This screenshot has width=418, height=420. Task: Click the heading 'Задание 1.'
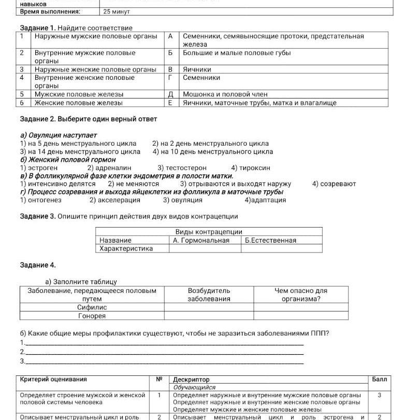pyautogui.click(x=37, y=27)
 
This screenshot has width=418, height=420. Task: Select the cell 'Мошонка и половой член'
pyautogui.click(x=225, y=94)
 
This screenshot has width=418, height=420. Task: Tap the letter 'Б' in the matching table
pyautogui.click(x=170, y=53)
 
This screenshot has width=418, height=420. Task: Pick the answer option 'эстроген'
pyautogui.click(x=39, y=168)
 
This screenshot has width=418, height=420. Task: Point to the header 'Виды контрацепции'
pyautogui.click(x=209, y=232)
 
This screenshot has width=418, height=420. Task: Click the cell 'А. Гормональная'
pyautogui.click(x=201, y=240)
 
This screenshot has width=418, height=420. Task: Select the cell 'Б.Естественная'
pyautogui.click(x=270, y=240)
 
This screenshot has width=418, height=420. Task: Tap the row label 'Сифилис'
pyautogui.click(x=92, y=307)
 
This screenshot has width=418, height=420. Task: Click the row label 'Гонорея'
pyautogui.click(x=92, y=316)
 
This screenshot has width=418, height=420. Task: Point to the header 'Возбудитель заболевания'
pyautogui.click(x=209, y=295)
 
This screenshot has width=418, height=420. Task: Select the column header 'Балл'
pyautogui.click(x=379, y=380)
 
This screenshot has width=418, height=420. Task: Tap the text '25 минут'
pyautogui.click(x=117, y=11)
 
